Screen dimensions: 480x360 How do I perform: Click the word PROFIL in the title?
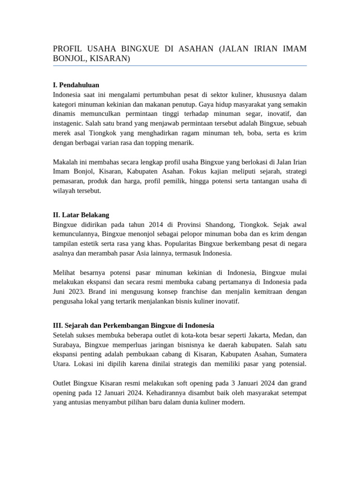(x=67, y=49)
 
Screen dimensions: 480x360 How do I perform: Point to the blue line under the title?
(x=180, y=66)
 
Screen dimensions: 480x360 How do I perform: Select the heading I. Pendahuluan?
(x=76, y=85)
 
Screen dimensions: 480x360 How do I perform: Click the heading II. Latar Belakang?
(x=81, y=215)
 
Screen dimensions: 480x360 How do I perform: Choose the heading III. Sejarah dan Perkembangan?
(x=134, y=325)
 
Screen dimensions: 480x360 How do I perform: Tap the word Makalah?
(x=65, y=162)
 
